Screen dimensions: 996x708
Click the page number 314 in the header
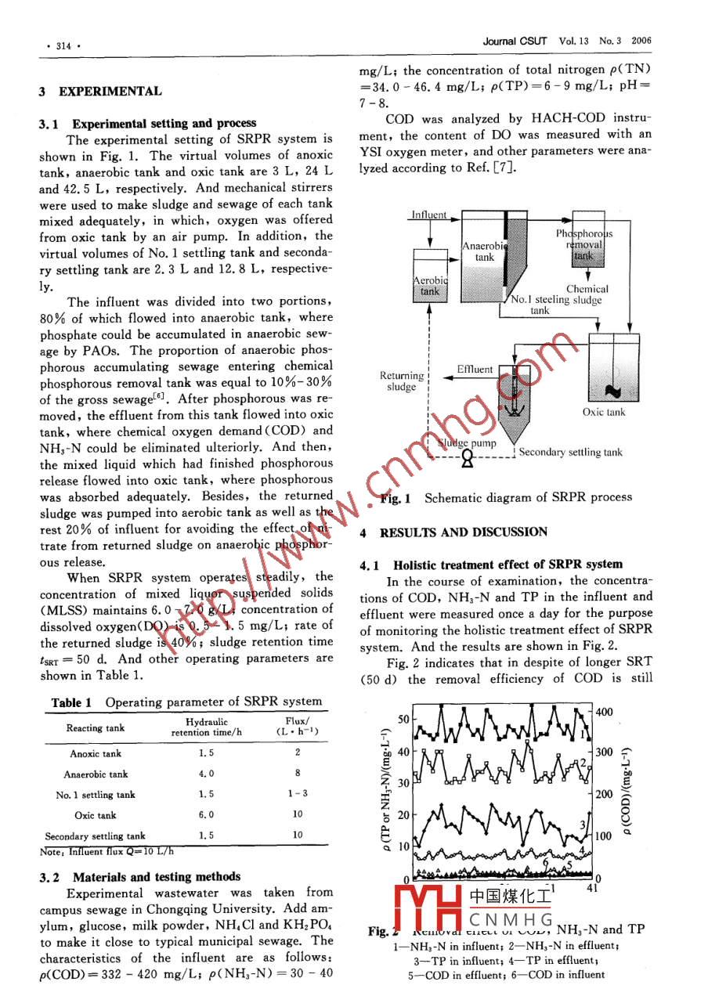click(59, 46)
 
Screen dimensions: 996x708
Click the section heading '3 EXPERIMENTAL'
click(100, 91)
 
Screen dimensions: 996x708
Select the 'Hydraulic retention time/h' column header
click(207, 727)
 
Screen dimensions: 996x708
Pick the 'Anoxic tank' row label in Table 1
click(96, 754)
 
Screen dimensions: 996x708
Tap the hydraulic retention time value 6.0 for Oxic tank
click(206, 815)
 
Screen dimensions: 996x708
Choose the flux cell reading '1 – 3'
click(298, 794)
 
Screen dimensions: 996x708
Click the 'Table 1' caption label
click(71, 702)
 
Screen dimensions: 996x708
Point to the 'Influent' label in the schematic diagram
click(429, 215)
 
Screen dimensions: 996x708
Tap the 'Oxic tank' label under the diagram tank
click(604, 412)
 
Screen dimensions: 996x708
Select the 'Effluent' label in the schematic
click(475, 369)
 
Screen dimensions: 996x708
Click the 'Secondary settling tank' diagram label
click(570, 452)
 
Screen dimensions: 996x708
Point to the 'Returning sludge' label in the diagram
click(401, 381)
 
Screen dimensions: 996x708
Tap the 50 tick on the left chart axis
click(403, 719)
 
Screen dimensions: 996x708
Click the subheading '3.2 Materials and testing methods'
click(140, 877)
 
